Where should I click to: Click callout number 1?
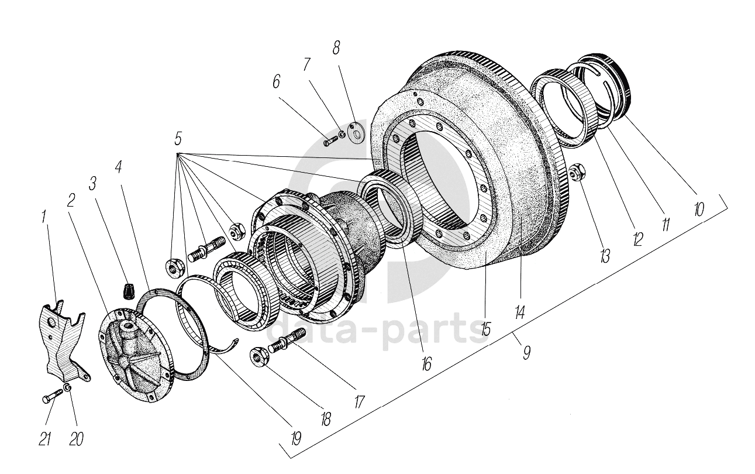coord(44,218)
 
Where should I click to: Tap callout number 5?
coord(178,139)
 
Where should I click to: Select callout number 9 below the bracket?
coord(526,352)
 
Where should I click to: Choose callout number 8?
coord(336,49)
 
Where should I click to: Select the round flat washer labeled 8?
coord(354,132)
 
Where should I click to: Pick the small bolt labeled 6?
coord(330,140)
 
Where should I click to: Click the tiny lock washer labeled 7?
coord(342,136)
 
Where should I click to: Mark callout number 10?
coord(699,209)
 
